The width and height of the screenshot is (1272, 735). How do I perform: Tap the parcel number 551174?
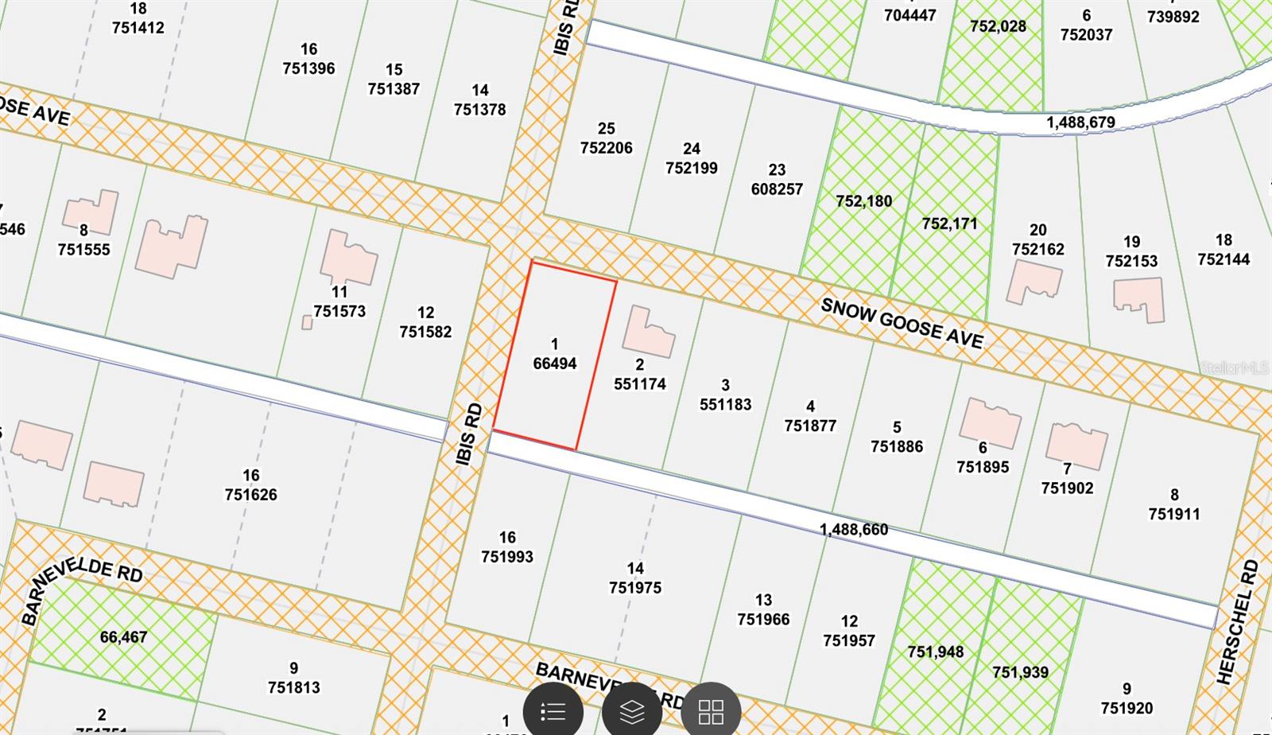pyautogui.click(x=640, y=383)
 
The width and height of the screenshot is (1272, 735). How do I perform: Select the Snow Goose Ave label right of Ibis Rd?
pyautogui.click(x=902, y=324)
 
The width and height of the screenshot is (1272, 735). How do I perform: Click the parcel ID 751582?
pyautogui.click(x=425, y=332)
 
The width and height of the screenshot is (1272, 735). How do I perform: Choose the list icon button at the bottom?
pyautogui.click(x=553, y=711)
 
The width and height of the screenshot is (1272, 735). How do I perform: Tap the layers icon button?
pyautogui.click(x=632, y=711)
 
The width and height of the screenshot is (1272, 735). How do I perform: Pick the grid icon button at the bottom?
pyautogui.click(x=711, y=711)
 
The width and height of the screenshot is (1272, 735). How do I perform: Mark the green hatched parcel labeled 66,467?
pyautogui.click(x=123, y=637)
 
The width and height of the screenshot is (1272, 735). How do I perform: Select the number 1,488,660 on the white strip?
pyautogui.click(x=854, y=530)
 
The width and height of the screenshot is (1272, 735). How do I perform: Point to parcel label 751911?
pyautogui.click(x=1174, y=514)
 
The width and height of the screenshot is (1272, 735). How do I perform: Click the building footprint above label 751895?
pyautogui.click(x=990, y=422)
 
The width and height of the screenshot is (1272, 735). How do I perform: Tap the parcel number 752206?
pyautogui.click(x=607, y=148)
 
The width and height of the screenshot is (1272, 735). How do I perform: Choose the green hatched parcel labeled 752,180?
pyautogui.click(x=864, y=201)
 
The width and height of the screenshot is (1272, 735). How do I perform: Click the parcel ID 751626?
pyautogui.click(x=251, y=494)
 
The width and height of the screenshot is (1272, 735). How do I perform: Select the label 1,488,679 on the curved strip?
pyautogui.click(x=1080, y=122)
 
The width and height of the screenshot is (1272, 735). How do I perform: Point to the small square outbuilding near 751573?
pyautogui.click(x=307, y=322)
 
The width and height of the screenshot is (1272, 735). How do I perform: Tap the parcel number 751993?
pyautogui.click(x=507, y=557)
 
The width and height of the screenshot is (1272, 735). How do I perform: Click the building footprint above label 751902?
pyautogui.click(x=1076, y=445)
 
